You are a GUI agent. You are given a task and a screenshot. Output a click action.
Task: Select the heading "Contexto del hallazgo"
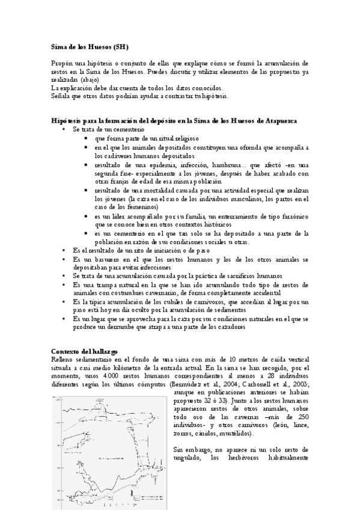84,351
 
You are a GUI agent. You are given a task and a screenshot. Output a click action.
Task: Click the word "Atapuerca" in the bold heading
286,121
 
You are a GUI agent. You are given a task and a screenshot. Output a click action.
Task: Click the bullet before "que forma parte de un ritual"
88,138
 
